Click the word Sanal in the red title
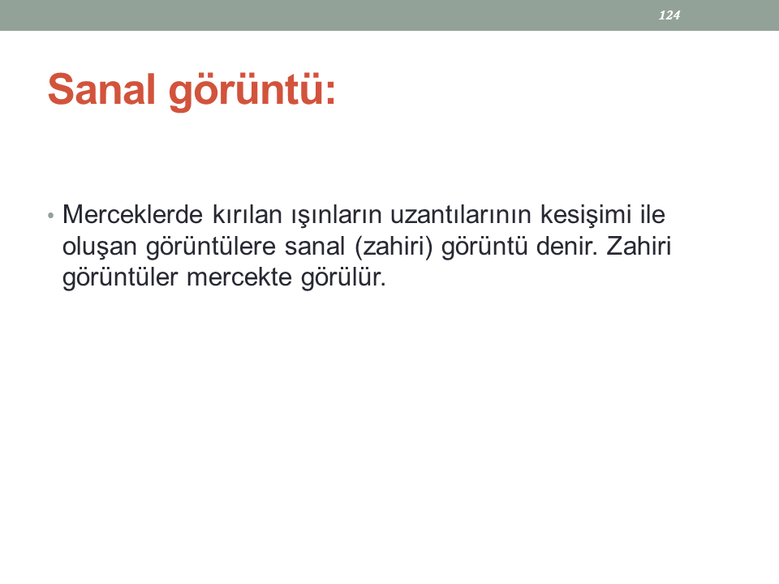[102, 89]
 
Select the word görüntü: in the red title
[252, 91]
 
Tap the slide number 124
[669, 15]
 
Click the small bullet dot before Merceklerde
[50, 216]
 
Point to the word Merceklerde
[132, 214]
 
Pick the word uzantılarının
[461, 214]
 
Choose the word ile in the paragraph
[652, 214]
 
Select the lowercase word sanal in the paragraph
[315, 246]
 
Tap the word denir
[567, 246]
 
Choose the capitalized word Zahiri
[639, 246]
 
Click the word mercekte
[239, 277]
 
